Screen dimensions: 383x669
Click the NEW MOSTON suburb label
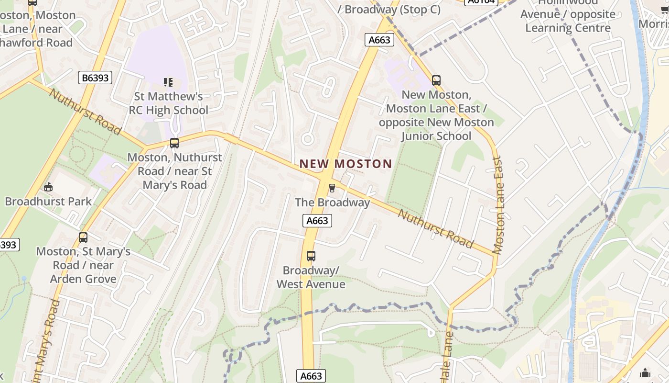[345, 164]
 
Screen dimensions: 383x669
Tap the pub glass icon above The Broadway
[332, 188]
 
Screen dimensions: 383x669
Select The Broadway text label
[332, 203]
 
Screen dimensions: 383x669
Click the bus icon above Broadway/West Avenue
[311, 256]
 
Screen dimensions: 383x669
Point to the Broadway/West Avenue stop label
[311, 277]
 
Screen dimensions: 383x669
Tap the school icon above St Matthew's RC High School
[168, 82]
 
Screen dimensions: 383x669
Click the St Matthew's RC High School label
[168, 103]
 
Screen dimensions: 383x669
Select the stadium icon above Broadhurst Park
[48, 187]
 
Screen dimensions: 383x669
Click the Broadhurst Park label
[48, 201]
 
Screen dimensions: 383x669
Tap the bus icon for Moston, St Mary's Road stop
[83, 237]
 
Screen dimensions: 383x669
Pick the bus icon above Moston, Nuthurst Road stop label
[174, 143]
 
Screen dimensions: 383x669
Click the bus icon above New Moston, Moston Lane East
[436, 80]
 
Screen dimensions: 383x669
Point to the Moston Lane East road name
[498, 205]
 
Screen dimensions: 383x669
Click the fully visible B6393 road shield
[95, 77]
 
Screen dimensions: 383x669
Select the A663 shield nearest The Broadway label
[317, 220]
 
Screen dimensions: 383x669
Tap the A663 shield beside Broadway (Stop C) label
[379, 40]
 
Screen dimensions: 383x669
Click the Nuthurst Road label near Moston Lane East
[435, 229]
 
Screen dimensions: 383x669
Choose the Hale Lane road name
[447, 357]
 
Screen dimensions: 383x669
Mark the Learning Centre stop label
[568, 21]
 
